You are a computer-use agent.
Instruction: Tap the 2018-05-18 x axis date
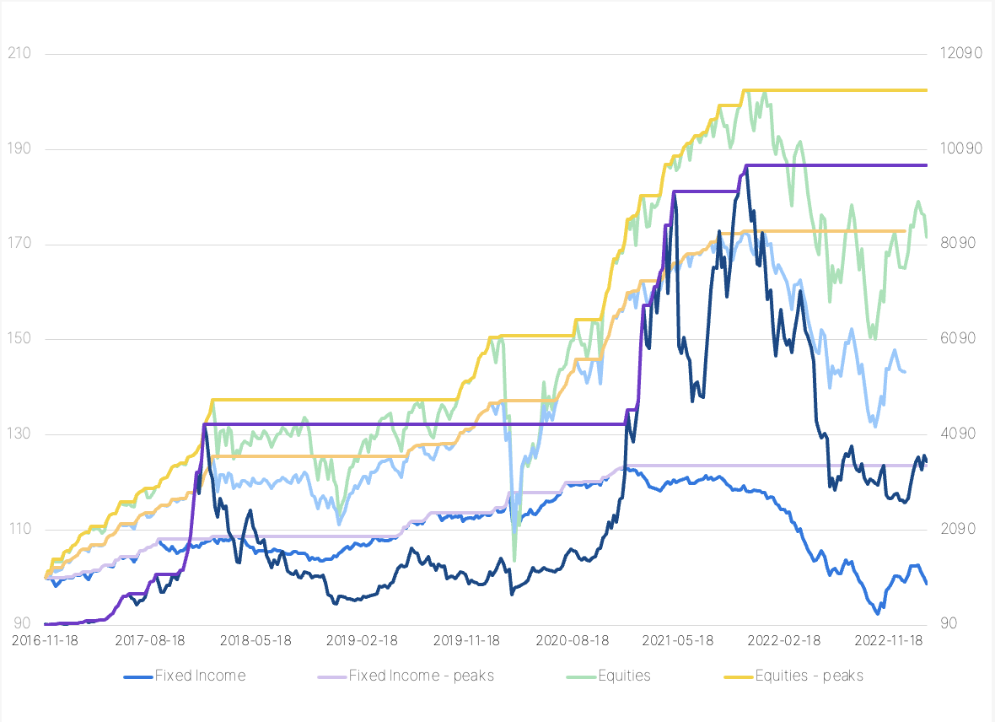pyautogui.click(x=255, y=640)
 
